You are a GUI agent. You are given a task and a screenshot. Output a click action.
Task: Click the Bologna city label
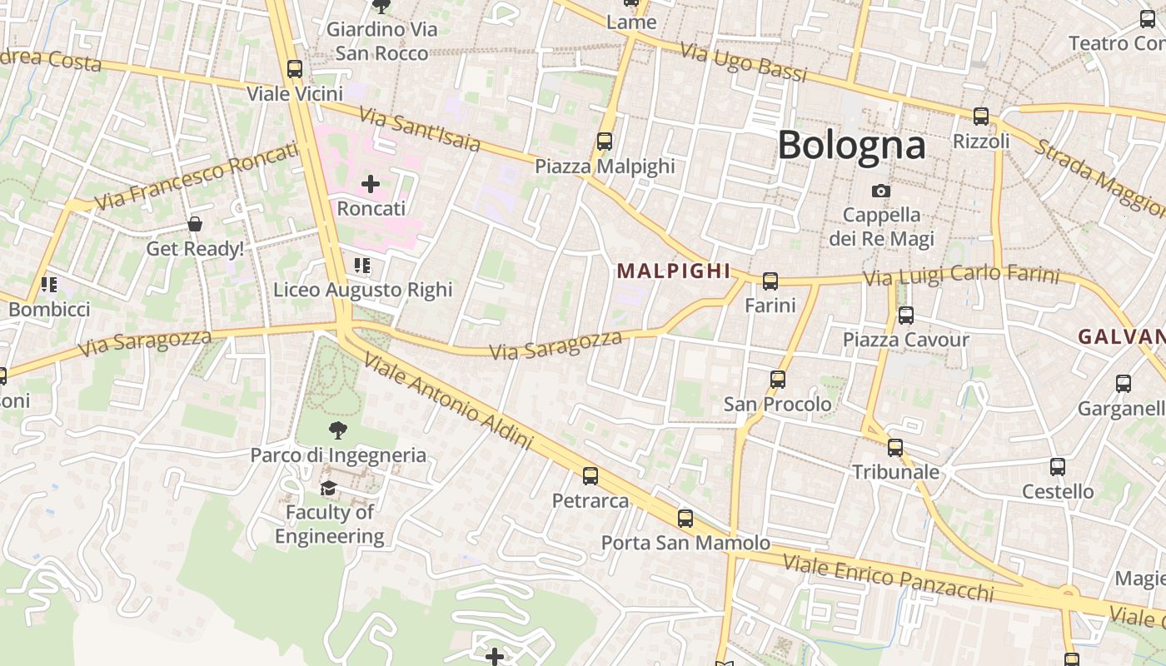(x=851, y=145)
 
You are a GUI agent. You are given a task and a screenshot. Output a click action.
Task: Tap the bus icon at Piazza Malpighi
(x=605, y=142)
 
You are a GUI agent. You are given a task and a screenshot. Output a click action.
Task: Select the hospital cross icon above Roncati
(x=371, y=184)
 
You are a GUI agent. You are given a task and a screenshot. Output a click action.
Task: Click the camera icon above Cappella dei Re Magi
(x=880, y=191)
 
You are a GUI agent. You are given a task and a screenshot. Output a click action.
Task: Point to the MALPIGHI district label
(x=674, y=271)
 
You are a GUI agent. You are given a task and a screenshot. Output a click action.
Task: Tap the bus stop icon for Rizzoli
(x=981, y=117)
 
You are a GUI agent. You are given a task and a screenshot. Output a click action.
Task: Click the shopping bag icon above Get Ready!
(x=195, y=224)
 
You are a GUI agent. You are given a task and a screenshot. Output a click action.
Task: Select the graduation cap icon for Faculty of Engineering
(x=329, y=488)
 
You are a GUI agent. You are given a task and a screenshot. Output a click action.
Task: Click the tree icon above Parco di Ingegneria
(x=338, y=430)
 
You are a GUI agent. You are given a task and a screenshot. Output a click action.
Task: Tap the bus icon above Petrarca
(x=590, y=476)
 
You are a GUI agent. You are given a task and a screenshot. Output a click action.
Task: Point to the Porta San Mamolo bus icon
(x=685, y=519)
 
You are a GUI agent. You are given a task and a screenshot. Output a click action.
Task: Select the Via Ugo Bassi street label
(x=744, y=62)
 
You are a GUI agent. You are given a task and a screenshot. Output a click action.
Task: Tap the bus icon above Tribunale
(x=895, y=448)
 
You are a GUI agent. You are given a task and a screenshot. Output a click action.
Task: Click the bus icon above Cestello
(x=1058, y=467)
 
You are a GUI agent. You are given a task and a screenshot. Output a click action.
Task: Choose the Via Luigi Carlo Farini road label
(x=961, y=276)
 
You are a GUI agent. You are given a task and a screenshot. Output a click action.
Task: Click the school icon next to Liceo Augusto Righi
(x=362, y=266)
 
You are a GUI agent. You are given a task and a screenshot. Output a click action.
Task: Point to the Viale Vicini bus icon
(x=295, y=69)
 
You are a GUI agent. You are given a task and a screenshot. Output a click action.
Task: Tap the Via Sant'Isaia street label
(x=420, y=129)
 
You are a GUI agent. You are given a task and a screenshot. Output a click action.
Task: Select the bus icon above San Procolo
(x=778, y=380)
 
